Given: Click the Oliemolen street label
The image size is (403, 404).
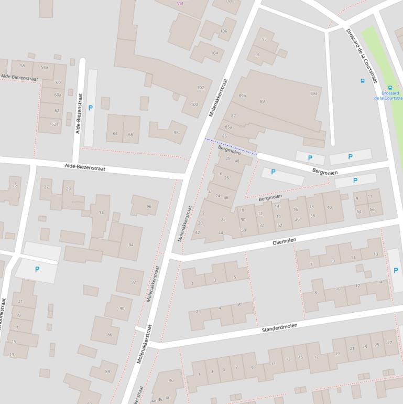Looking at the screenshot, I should pos(285,242).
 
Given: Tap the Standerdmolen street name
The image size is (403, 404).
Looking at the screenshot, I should pos(279,328).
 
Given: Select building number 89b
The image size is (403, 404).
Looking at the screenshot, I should pos(242,96).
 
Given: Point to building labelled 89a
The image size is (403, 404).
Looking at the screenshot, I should pos(314,93).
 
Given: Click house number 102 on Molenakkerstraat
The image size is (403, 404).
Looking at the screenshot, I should pos(200,88).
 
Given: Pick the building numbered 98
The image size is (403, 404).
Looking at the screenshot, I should pos(176,133).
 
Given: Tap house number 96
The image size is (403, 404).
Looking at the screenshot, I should pos(149,207).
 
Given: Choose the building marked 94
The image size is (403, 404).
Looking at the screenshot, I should pos(131,245).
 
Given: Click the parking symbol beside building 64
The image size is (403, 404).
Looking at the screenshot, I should pos(90,108).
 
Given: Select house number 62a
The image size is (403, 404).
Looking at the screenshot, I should pos(55,124).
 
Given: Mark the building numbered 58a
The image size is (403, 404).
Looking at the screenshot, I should pos(45,67).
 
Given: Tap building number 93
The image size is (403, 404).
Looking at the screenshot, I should pos(264,39).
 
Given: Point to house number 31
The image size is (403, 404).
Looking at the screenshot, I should pos(101,213).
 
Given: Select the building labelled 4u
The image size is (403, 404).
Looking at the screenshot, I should pos(171,380).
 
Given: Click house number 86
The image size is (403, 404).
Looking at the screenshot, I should pos(110,335).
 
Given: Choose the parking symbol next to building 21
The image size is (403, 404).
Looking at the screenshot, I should pos(37,269).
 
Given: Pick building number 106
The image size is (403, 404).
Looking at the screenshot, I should pos(224,31).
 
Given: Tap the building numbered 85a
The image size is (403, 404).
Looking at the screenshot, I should pos(228,127).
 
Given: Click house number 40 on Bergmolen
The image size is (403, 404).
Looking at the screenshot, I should pos(329,208).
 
